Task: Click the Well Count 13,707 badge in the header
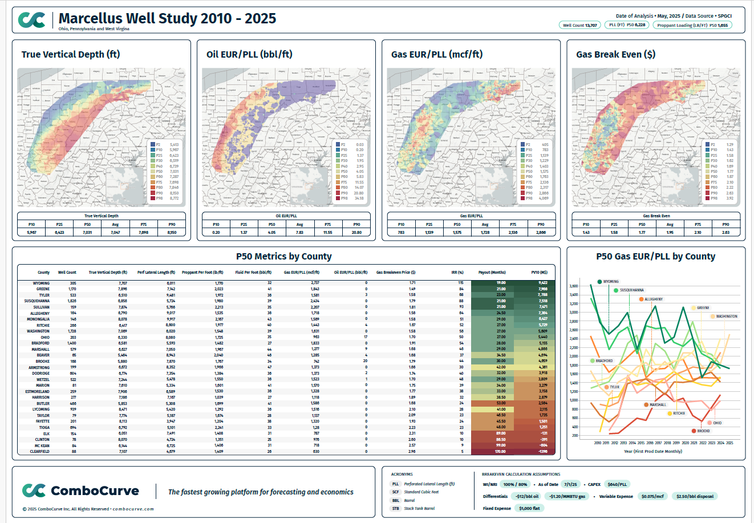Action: (x=579, y=25)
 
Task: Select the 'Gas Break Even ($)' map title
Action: (x=615, y=55)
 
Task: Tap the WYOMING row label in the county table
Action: (x=41, y=283)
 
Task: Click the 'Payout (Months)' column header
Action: (x=492, y=273)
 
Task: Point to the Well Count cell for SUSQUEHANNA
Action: (x=72, y=301)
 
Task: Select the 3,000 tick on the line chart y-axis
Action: (x=574, y=313)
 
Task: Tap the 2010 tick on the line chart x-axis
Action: (x=597, y=443)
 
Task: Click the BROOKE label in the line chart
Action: (x=703, y=431)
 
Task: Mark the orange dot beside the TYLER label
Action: (x=607, y=387)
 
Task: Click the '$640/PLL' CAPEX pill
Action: (x=617, y=484)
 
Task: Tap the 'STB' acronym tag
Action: (x=395, y=508)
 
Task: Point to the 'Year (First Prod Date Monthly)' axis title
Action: (x=652, y=451)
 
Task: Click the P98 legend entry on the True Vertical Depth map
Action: (x=159, y=198)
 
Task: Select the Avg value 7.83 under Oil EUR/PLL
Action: (x=299, y=232)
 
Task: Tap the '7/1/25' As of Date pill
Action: (x=570, y=484)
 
